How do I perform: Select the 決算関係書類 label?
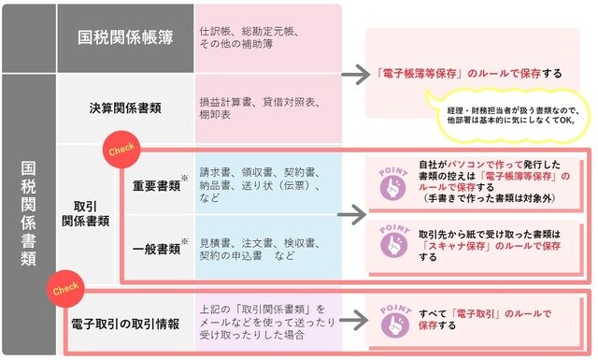[x=125, y=107]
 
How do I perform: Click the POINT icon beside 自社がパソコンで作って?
[x=393, y=183]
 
